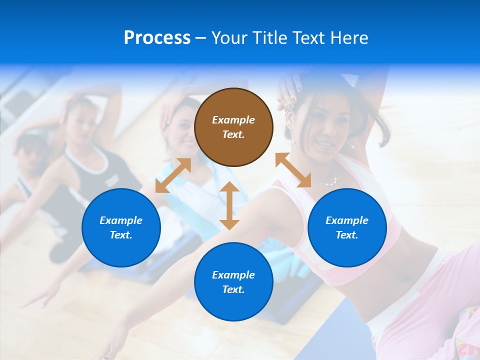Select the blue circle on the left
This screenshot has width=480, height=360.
tap(121, 227)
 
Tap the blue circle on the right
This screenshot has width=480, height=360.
tap(347, 227)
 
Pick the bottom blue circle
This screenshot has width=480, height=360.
tap(233, 281)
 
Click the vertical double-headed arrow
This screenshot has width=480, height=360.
tap(229, 205)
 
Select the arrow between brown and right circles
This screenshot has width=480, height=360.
tap(293, 170)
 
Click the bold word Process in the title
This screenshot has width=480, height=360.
tap(157, 37)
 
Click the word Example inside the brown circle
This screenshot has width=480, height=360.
tap(233, 120)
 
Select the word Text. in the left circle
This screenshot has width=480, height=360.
tap(121, 235)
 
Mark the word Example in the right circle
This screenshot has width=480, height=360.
tap(347, 220)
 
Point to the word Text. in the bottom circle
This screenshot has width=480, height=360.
tap(233, 289)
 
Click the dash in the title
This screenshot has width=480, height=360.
tap(201, 38)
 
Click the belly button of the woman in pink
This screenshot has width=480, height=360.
tap(403, 278)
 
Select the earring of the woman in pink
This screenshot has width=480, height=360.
tap(293, 141)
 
